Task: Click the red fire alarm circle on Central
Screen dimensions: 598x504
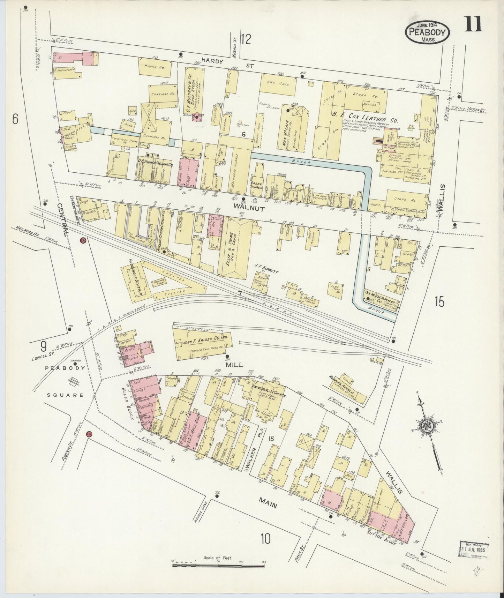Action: [x=83, y=240]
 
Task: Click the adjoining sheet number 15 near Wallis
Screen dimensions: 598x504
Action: [x=439, y=301]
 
